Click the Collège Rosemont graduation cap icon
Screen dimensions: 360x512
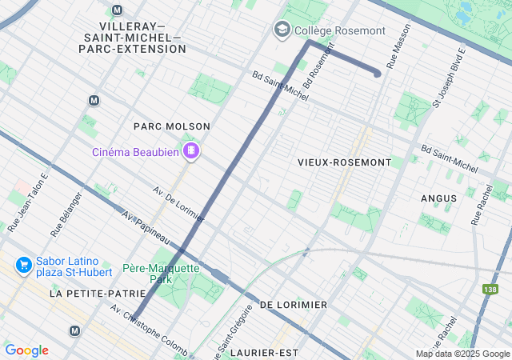(281, 30)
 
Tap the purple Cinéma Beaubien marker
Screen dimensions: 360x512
(191, 150)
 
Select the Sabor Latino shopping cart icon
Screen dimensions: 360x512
(23, 265)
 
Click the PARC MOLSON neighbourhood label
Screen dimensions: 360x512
(172, 126)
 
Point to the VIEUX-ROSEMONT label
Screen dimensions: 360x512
(344, 162)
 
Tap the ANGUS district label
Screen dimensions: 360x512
(439, 198)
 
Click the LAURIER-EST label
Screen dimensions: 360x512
(264, 351)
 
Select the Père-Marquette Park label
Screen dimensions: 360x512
(161, 274)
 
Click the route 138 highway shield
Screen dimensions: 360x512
(490, 289)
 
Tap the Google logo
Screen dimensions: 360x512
(26, 350)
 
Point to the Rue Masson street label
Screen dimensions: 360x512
(392, 49)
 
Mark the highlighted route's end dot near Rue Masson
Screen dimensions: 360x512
(377, 74)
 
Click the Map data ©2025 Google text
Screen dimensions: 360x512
(462, 354)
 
